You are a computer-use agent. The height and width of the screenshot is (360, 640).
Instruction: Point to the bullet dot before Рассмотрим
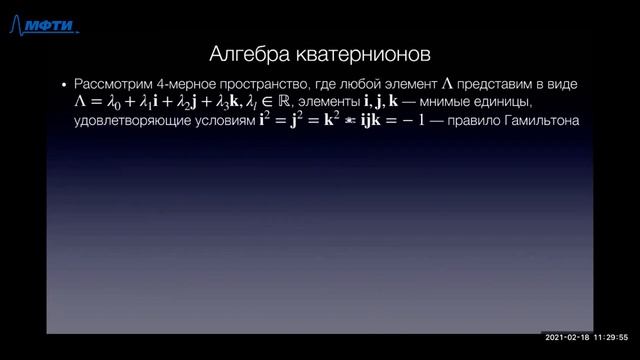(x=65, y=86)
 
